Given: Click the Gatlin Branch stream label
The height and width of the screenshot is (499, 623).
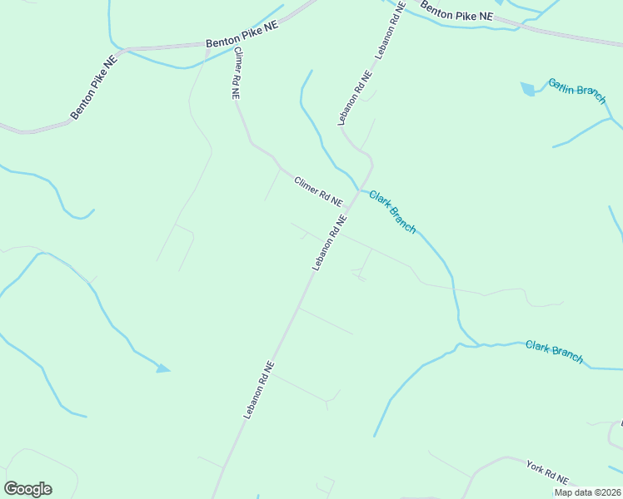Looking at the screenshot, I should point(576,91).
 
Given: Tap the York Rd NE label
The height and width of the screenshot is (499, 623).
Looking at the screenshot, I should point(547,471).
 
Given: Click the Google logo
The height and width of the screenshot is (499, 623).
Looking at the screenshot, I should point(27,489).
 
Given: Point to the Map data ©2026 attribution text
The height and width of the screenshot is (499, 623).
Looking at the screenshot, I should point(588,492).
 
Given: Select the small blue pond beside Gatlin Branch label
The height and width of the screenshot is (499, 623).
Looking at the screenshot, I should point(527,88).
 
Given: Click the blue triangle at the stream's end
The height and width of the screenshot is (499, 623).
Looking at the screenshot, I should point(163,368).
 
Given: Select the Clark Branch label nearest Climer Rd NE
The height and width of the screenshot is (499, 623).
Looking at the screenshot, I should point(391,207).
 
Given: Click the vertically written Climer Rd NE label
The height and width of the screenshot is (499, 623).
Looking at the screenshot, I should point(237,73).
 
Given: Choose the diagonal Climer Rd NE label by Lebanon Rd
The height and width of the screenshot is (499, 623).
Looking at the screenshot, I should point(317,190).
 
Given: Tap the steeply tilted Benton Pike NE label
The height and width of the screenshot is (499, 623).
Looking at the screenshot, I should point(93,86).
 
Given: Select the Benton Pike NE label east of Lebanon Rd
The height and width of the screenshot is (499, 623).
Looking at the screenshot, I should point(456,12).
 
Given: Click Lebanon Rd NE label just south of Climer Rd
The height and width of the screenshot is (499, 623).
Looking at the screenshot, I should point(329,242).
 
